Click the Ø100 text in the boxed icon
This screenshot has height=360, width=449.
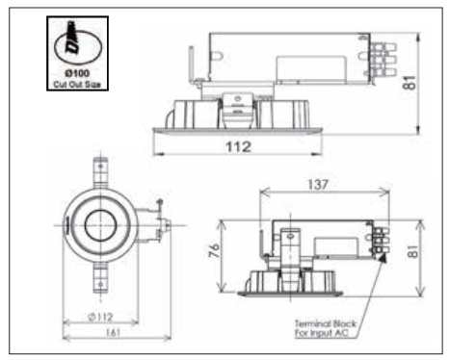click(x=77, y=73)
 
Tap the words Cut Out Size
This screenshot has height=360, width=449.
click(x=77, y=85)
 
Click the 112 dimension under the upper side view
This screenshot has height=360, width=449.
click(x=238, y=147)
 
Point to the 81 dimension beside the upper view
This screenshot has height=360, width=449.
click(x=409, y=83)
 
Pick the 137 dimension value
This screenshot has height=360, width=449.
click(x=318, y=185)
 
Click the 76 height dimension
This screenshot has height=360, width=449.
click(x=214, y=250)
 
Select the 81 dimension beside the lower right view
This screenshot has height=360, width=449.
click(x=413, y=251)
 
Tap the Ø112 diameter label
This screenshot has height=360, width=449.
click(x=100, y=317)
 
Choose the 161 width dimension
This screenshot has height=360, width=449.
click(x=113, y=332)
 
